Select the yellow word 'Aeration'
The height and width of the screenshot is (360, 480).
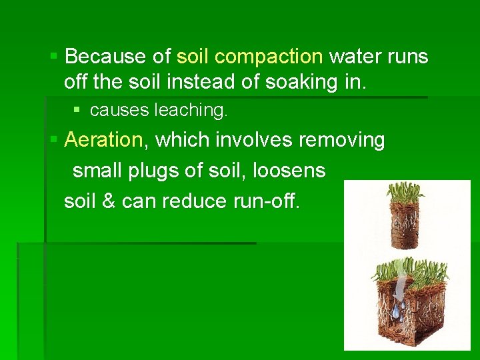(104, 140)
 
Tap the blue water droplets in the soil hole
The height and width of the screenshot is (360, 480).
(397, 309)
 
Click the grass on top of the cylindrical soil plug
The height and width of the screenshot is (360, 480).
(405, 194)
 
